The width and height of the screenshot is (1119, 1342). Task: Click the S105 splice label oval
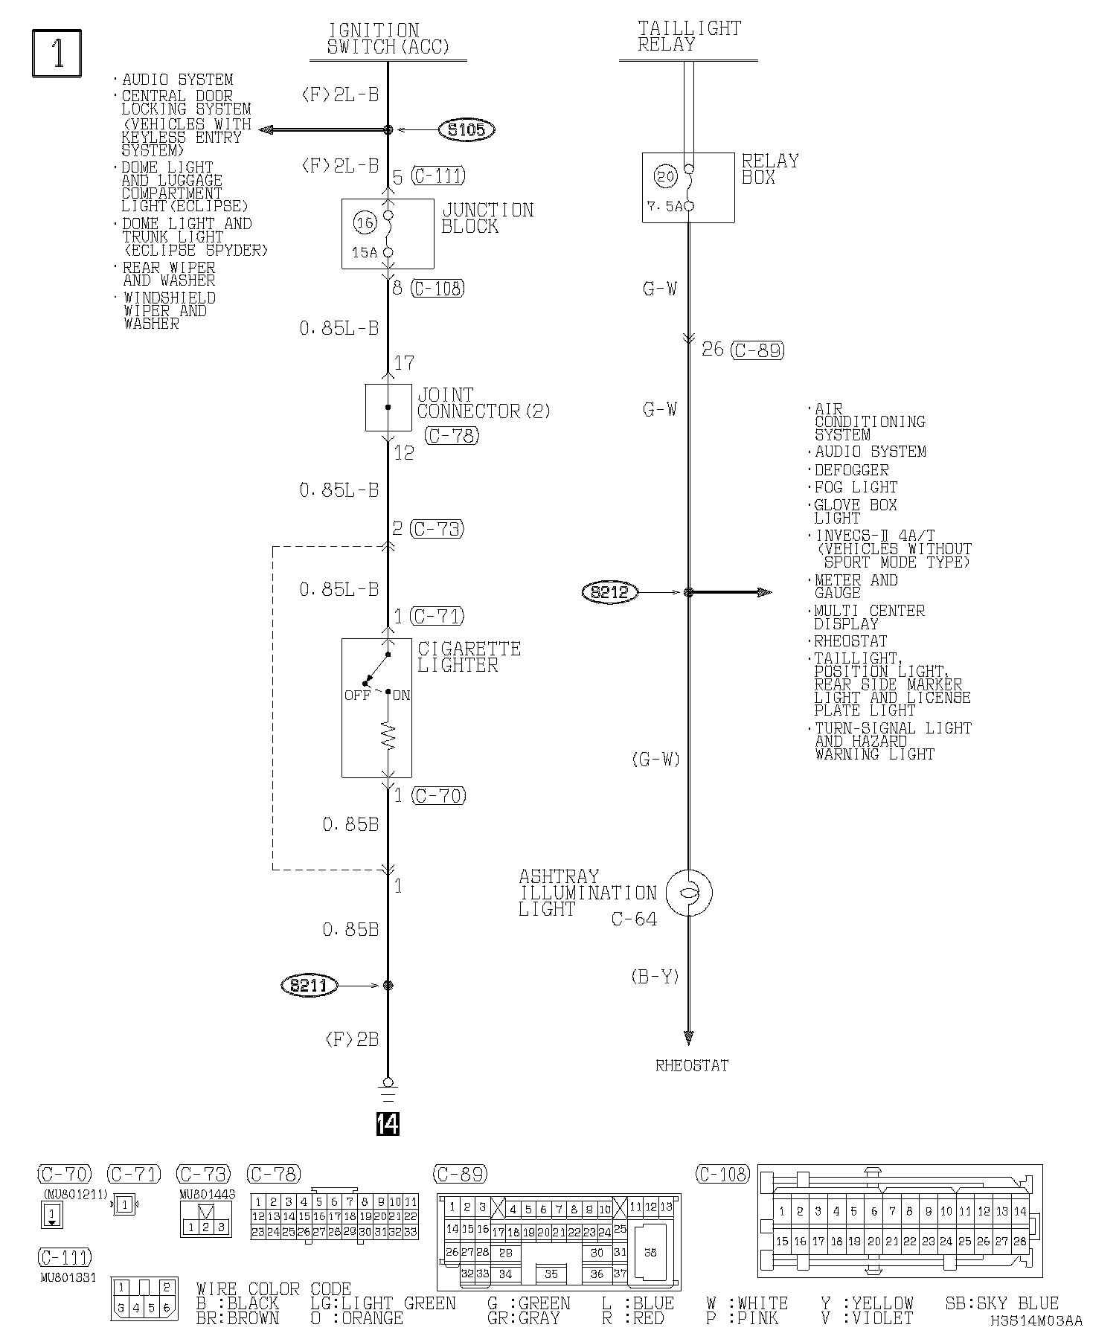(466, 130)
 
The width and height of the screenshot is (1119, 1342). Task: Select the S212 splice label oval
(610, 592)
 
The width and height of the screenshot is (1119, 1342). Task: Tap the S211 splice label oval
(309, 986)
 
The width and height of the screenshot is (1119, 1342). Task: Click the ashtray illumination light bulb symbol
(688, 893)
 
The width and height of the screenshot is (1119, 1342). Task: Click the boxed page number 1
(57, 53)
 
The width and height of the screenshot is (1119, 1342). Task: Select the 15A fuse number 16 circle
(364, 222)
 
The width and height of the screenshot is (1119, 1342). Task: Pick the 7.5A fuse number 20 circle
(665, 176)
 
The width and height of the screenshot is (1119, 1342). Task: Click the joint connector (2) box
(388, 408)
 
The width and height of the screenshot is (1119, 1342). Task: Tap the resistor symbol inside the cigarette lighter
(388, 736)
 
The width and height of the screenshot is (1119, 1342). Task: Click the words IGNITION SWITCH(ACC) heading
(388, 39)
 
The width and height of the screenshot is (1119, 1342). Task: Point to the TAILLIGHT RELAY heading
(688, 36)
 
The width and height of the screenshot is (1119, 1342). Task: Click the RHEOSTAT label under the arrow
(691, 1065)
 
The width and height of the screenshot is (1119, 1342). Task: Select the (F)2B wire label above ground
(352, 1039)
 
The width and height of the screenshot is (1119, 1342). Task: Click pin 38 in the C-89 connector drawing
(650, 1252)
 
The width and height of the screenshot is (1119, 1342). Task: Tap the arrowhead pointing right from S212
(763, 592)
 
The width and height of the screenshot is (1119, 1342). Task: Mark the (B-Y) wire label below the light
(655, 977)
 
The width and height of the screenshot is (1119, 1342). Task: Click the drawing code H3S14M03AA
(1036, 1321)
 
